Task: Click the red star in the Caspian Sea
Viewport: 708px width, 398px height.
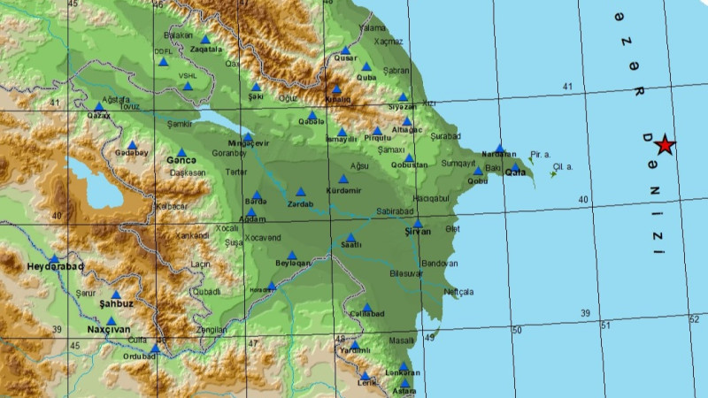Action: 665,146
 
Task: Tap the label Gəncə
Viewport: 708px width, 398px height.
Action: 181,160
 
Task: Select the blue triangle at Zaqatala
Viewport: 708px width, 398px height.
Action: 205,39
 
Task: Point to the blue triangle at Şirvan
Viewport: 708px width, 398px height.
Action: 417,223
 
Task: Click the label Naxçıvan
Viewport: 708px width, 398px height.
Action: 109,329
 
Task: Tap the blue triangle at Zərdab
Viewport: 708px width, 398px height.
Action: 300,192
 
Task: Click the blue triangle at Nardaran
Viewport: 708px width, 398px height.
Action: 500,149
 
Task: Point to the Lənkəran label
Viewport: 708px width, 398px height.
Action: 403,372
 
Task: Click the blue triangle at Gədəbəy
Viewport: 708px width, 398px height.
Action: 132,144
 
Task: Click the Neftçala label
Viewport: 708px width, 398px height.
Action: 459,292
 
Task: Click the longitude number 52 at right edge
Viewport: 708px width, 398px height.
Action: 693,319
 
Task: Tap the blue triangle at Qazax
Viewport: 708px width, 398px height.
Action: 99,107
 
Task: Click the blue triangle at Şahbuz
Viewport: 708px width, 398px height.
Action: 115,295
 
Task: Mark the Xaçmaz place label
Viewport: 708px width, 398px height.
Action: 389,42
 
